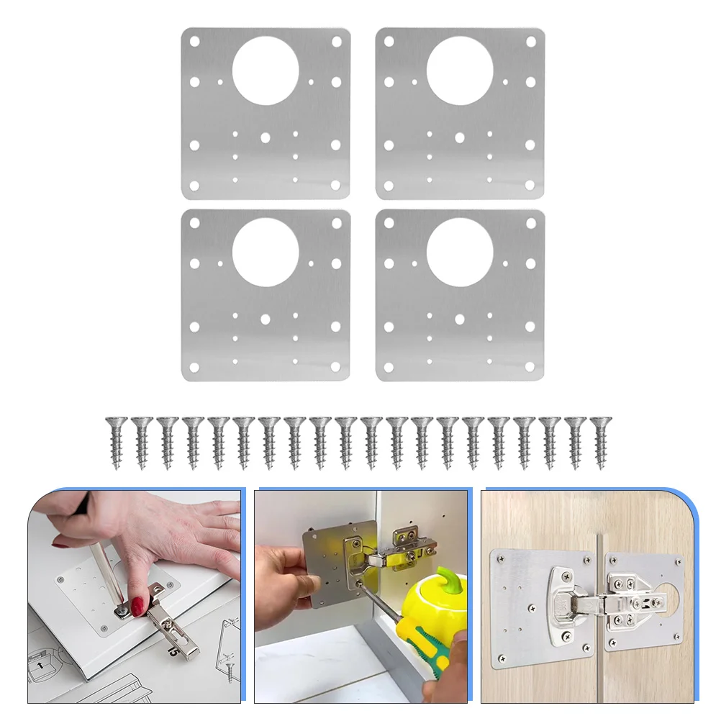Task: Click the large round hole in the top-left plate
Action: [265, 69]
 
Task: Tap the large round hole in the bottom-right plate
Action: [459, 252]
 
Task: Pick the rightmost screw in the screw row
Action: [599, 442]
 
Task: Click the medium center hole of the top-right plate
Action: [459, 136]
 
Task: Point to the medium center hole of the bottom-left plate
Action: [265, 318]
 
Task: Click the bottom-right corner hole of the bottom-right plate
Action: [530, 368]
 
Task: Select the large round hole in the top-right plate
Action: [459, 69]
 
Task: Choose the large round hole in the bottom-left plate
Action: [265, 252]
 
